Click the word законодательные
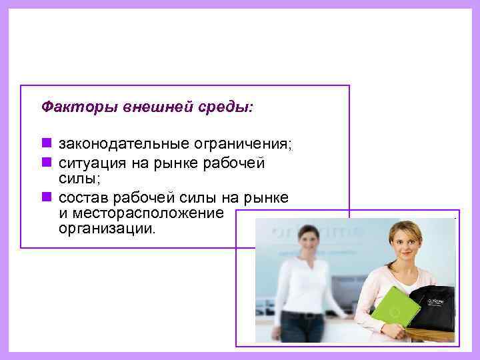125,144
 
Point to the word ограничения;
243,144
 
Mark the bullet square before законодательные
46,143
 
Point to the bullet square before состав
46,197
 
